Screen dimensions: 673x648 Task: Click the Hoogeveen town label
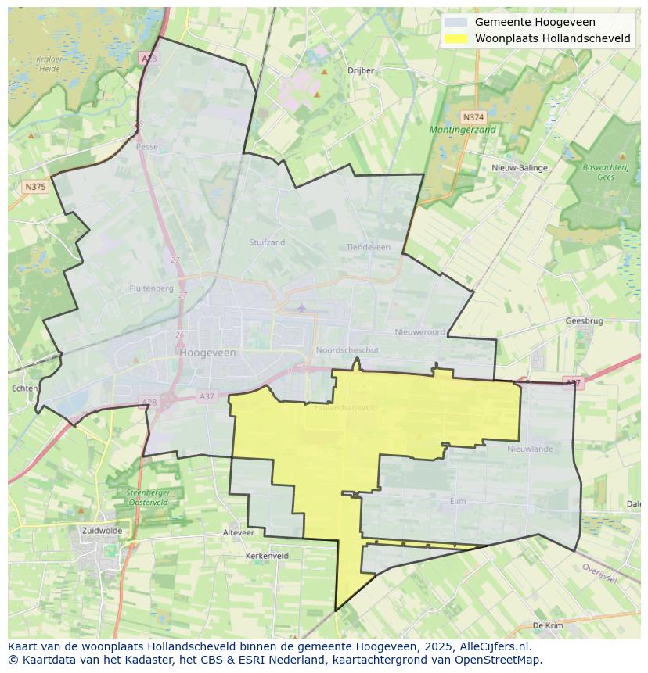pyautogui.click(x=207, y=353)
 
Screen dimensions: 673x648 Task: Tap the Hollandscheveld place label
pyautogui.click(x=345, y=407)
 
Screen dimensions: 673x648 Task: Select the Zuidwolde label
pyautogui.click(x=102, y=530)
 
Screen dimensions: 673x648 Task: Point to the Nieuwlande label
pyautogui.click(x=530, y=449)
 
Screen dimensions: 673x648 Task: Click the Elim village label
pyautogui.click(x=459, y=501)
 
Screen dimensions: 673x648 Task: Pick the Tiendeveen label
pyautogui.click(x=368, y=247)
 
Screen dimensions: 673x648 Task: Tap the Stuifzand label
pyautogui.click(x=267, y=242)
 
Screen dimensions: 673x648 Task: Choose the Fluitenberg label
pyautogui.click(x=151, y=288)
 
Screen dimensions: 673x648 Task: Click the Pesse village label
pyautogui.click(x=146, y=146)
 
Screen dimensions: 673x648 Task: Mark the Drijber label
pyautogui.click(x=361, y=70)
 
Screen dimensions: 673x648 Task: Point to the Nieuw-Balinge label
pyautogui.click(x=520, y=168)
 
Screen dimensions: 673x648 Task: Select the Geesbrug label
pyautogui.click(x=584, y=320)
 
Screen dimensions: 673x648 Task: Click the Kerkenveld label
pyautogui.click(x=267, y=556)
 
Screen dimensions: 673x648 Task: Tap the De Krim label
pyautogui.click(x=548, y=625)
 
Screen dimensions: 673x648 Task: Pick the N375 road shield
pyautogui.click(x=35, y=187)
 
